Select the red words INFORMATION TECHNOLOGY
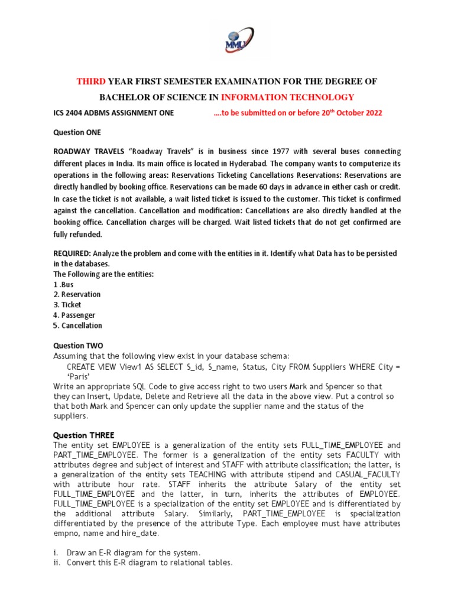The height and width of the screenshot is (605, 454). tap(287, 97)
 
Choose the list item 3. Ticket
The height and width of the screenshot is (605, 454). tap(67, 305)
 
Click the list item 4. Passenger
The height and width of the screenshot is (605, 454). tap(74, 315)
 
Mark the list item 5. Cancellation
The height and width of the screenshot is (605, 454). tap(77, 326)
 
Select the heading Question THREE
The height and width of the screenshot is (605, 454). tap(80, 434)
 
